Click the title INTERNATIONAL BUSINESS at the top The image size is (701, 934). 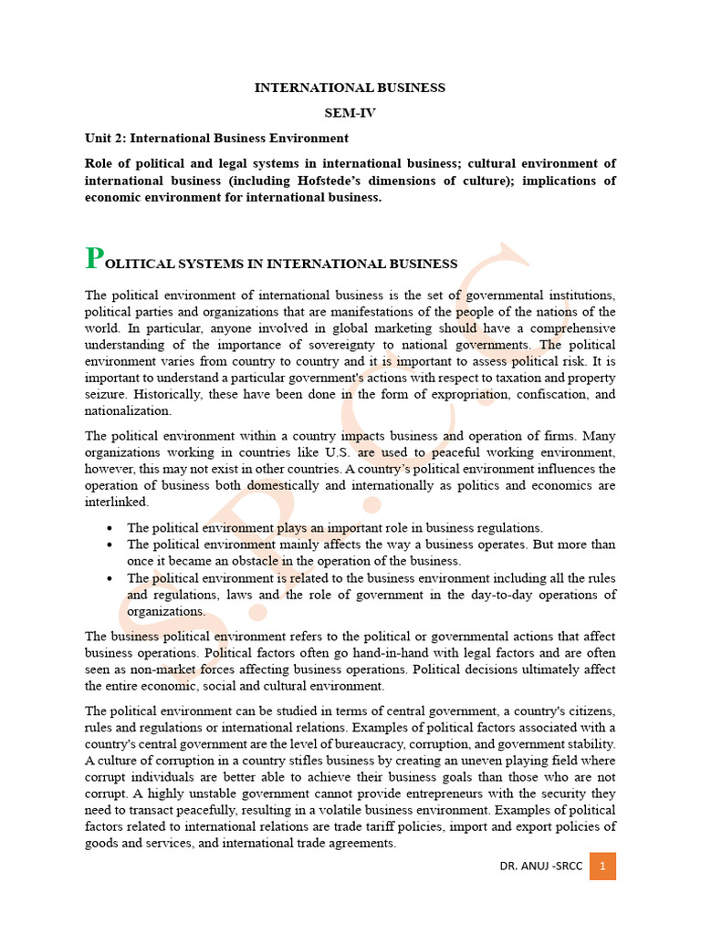350,88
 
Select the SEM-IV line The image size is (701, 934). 350,113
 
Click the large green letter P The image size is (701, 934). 92,259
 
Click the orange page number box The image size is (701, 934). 602,866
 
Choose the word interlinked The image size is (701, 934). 116,502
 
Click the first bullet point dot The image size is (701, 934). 110,528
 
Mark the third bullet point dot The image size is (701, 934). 110,578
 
